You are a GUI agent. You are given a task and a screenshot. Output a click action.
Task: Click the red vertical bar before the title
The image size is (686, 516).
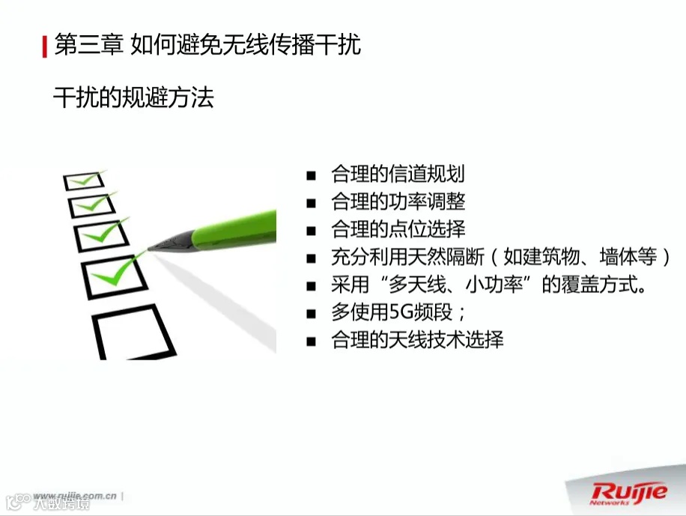pos(44,45)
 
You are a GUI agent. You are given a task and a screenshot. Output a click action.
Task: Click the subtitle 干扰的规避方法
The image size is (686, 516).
pos(133,97)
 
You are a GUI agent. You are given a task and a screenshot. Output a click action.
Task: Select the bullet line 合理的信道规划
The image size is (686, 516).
pos(398,174)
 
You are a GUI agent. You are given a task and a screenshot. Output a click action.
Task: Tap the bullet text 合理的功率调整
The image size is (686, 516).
pos(398,202)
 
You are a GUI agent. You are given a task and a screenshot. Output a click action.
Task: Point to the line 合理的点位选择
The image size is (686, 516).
pos(398,229)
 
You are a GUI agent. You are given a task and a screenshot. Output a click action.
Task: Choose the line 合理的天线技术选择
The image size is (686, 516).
pos(417,340)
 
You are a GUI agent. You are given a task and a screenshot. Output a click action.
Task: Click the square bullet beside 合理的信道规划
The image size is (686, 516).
pos(311,176)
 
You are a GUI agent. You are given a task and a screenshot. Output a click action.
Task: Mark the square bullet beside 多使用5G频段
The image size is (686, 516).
pos(311,314)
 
